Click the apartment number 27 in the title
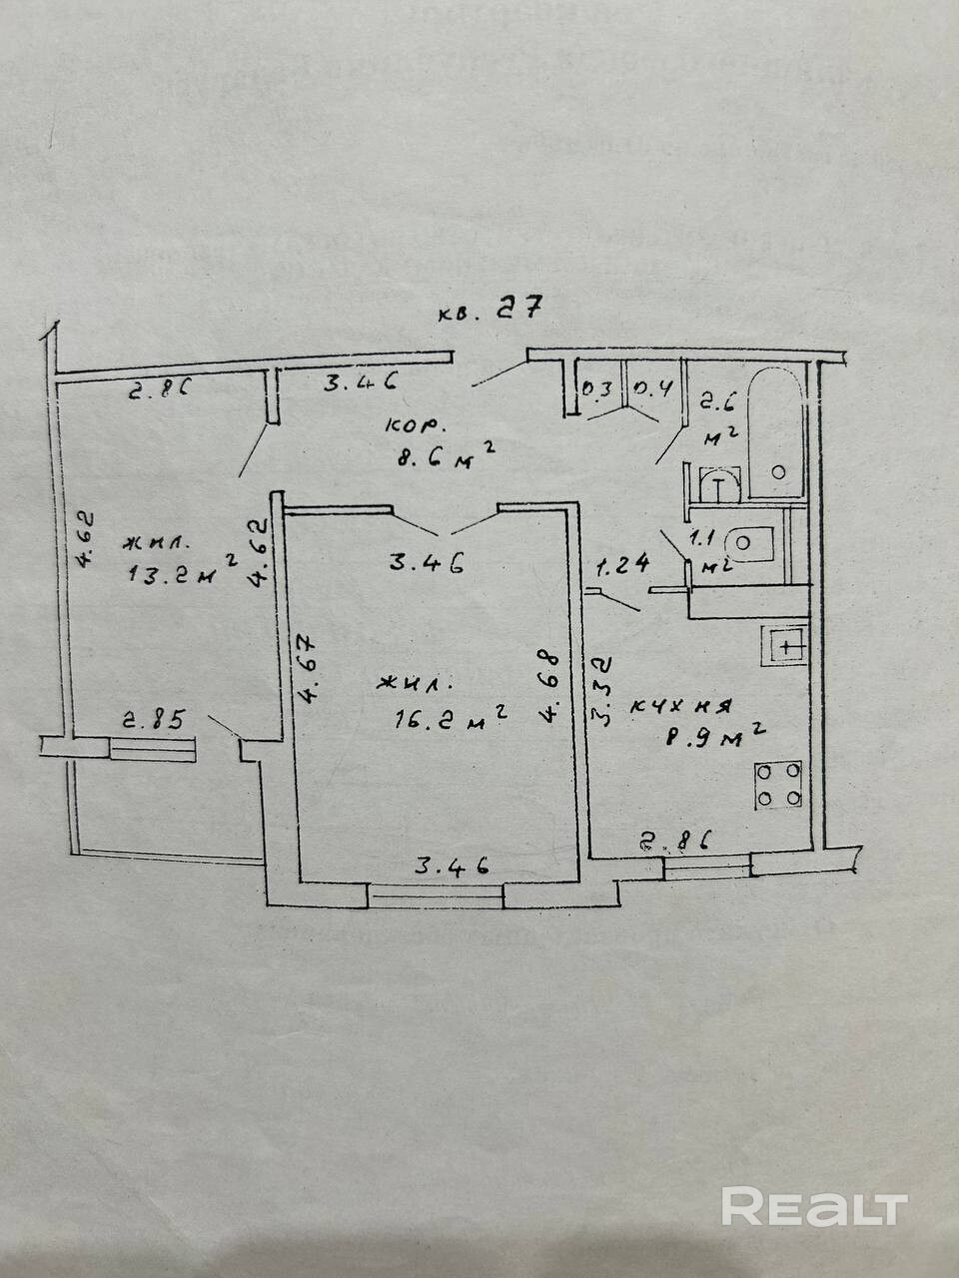click(x=520, y=309)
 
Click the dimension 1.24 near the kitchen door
click(x=623, y=566)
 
